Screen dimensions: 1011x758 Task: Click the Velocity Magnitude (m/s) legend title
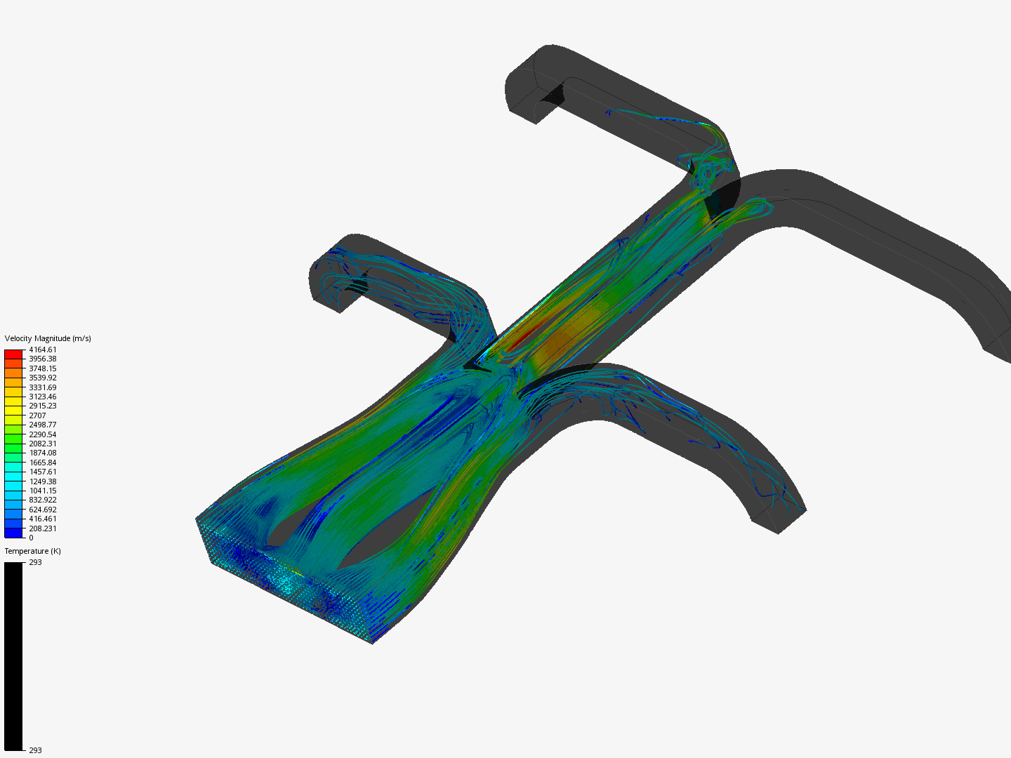click(48, 338)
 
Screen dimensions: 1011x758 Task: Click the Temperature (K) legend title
click(33, 551)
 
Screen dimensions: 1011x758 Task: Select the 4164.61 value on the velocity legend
click(43, 350)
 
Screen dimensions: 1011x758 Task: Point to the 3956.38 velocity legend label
click(43, 359)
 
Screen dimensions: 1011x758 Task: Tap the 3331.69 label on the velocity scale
click(43, 387)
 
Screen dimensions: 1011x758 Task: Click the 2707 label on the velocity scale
click(37, 415)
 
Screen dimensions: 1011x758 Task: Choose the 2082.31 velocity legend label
click(43, 444)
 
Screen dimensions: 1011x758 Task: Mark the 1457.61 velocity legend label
click(43, 472)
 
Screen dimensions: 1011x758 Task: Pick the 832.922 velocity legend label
click(43, 500)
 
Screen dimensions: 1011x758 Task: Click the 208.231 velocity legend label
click(43, 528)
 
